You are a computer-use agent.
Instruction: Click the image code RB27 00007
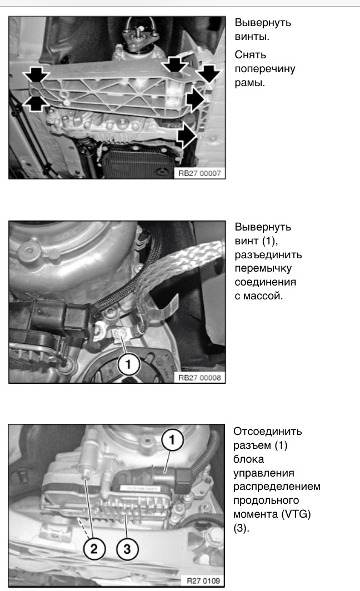[200, 173]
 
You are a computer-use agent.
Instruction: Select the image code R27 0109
[204, 581]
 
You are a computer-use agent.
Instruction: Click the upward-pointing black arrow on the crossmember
[34, 103]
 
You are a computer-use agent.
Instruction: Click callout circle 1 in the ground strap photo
[128, 365]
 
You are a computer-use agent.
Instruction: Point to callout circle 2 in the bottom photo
[94, 549]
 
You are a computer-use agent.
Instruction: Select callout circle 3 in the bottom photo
[127, 549]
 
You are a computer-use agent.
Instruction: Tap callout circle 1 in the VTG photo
[172, 440]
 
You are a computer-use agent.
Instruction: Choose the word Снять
[250, 55]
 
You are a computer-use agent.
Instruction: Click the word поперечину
[265, 69]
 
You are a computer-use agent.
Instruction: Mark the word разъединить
[268, 255]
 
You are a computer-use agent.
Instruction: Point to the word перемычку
[263, 269]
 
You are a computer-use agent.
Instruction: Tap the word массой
[263, 296]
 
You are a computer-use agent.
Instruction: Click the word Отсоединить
[268, 432]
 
